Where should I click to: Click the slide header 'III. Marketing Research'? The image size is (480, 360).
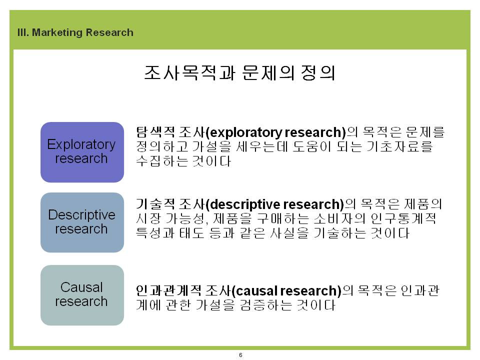point(75,32)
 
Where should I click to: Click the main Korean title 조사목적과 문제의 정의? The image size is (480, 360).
point(239,73)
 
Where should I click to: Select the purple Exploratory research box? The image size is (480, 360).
point(82,152)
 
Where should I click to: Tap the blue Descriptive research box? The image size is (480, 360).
point(82,222)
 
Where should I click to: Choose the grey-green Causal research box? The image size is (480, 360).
point(82,295)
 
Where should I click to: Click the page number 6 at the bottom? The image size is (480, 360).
point(240,355)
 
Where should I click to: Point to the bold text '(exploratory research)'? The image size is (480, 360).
point(276,132)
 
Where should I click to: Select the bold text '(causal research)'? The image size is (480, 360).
point(286,291)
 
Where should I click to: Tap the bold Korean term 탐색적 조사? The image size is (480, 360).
point(170,132)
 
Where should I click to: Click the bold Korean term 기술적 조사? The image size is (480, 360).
point(170,204)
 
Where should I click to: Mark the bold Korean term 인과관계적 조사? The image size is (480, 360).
point(183,291)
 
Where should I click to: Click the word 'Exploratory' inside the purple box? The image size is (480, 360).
point(81,144)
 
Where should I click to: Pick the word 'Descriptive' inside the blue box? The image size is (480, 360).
point(81,214)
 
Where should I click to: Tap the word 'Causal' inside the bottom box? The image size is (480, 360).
point(81,287)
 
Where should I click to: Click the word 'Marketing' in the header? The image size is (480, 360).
point(57,32)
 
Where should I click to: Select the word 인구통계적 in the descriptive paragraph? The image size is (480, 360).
point(403,218)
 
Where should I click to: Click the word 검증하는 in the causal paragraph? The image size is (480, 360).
point(265,305)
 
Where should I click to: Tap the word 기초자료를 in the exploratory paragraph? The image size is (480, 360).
point(400,146)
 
